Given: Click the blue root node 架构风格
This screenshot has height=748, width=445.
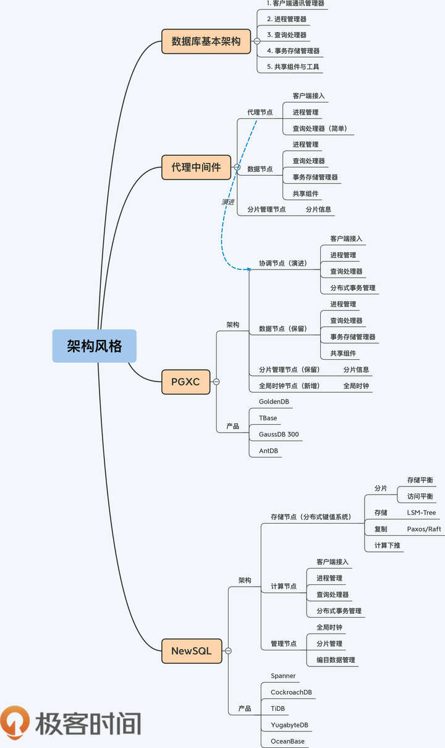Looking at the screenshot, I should point(94,346).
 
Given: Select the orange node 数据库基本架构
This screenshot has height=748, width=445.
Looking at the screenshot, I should point(206,41).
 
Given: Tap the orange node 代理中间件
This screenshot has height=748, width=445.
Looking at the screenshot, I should point(196,167).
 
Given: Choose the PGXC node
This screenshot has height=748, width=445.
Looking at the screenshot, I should point(185,381).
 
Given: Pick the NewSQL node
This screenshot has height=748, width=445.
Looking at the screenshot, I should point(192,650).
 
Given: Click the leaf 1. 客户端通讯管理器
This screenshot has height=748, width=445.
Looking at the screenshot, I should point(295,3).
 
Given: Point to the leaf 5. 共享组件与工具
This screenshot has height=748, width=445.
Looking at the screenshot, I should point(293,66).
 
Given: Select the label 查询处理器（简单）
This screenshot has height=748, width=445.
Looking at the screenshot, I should point(320,129).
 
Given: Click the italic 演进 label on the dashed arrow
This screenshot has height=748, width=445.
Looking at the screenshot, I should point(228,202).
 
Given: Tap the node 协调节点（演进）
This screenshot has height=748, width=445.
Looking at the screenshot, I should point(283,263).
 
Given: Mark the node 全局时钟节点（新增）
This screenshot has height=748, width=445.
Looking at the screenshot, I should point(289,386).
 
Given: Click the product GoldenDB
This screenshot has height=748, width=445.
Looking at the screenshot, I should point(274,402).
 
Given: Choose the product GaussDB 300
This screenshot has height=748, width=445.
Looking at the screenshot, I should point(279,435).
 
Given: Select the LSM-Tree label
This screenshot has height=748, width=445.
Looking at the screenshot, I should point(421,512).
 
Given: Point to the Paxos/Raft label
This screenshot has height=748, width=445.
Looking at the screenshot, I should point(424,529).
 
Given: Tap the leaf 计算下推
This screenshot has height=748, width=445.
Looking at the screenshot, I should point(387,545).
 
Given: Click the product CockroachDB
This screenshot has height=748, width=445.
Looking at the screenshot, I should point(291,692).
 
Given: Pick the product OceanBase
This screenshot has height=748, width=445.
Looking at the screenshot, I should point(287,741).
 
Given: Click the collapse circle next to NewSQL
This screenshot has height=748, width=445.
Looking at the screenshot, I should point(228,651).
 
